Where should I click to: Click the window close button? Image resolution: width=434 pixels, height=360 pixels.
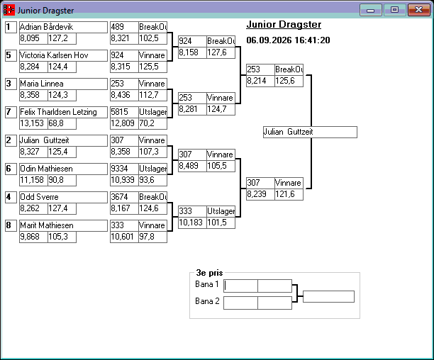tap(419, 10)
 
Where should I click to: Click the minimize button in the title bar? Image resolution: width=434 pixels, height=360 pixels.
tap(371, 10)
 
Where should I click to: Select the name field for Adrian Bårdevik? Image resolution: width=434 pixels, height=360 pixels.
tap(63, 27)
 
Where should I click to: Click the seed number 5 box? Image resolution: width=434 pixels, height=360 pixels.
tap(11, 55)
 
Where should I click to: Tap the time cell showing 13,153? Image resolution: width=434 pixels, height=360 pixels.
tap(33, 123)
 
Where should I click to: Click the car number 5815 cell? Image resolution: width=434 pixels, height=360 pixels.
tap(124, 112)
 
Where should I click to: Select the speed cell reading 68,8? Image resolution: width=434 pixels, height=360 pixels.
tap(62, 123)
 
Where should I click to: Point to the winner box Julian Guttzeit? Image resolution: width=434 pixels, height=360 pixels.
tap(310, 133)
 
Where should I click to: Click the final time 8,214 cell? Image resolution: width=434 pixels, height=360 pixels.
tap(260, 81)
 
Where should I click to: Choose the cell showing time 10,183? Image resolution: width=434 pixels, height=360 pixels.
tap(192, 223)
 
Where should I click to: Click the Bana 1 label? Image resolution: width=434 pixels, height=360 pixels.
tap(207, 284)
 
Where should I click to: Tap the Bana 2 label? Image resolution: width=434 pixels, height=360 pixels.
tap(207, 301)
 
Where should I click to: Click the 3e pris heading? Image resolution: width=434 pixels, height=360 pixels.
tap(209, 273)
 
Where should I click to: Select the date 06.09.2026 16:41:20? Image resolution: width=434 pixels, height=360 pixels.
tap(288, 40)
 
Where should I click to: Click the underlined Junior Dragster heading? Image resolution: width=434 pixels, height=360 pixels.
tap(284, 25)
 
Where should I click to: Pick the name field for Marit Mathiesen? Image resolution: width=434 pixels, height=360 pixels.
tap(63, 225)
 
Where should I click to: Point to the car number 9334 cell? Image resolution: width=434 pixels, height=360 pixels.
tap(124, 169)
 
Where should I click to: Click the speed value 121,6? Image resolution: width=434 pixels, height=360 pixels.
tap(289, 194)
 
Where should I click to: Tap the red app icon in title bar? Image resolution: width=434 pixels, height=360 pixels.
tap(9, 10)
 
